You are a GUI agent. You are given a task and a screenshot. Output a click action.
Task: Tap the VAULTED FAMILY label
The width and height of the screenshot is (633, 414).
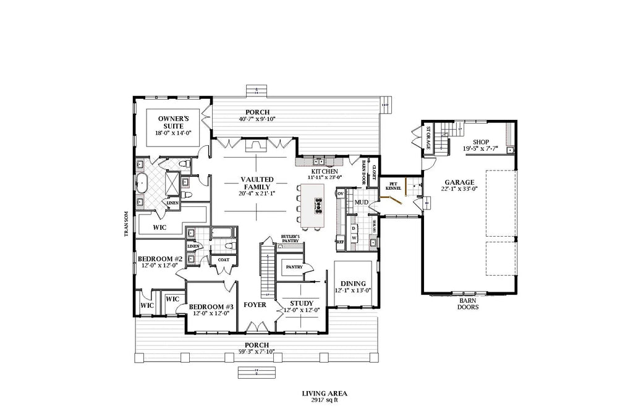[257, 184]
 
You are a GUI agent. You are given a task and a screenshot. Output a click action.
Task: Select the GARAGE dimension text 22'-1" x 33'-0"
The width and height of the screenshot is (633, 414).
[458, 190]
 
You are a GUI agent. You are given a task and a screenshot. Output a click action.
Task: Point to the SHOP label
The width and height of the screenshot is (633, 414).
[482, 142]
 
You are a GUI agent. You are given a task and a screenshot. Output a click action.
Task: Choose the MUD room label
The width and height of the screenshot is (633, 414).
[361, 202]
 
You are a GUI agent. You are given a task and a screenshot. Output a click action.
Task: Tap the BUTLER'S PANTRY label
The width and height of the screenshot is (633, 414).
[290, 238]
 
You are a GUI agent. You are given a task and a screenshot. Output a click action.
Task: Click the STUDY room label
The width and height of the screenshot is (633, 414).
[302, 303]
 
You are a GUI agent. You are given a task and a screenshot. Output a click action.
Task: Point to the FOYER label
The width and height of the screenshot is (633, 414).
[255, 305]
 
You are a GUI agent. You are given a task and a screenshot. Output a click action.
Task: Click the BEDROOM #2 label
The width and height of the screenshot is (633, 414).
[159, 259]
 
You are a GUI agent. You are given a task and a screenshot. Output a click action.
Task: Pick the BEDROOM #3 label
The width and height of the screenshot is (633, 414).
[210, 306]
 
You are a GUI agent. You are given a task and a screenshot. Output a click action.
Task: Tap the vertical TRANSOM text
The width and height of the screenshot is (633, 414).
[125, 223]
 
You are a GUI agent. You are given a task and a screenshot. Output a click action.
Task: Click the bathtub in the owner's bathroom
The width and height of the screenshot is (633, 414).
[141, 184]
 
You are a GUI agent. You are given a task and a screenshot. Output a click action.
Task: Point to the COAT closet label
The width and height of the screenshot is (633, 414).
[223, 260]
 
